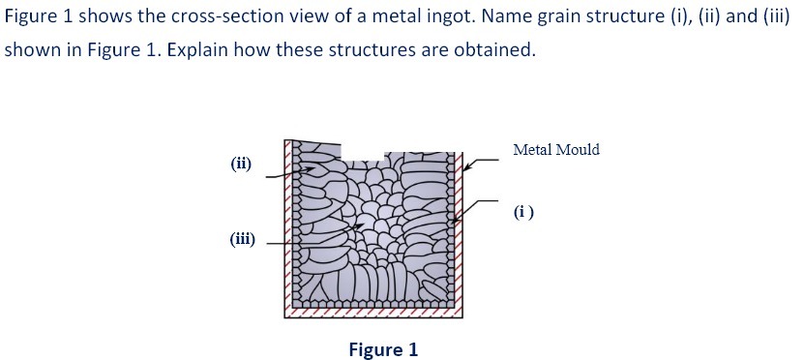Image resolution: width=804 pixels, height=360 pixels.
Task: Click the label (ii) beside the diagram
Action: tap(242, 164)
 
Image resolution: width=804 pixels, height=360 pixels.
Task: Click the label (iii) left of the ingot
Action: tap(242, 239)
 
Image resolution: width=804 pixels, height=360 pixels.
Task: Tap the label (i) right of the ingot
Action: tap(524, 210)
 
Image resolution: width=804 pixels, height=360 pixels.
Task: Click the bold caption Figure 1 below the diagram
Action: tap(383, 349)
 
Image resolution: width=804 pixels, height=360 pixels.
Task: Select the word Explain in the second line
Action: tap(200, 49)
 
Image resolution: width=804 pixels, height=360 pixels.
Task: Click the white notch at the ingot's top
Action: tap(367, 154)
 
